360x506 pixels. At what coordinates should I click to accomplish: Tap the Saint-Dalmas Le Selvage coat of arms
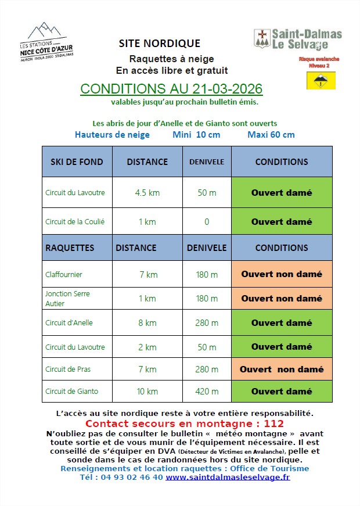click(x=262, y=39)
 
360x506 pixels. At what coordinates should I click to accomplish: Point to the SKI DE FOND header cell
click(x=77, y=162)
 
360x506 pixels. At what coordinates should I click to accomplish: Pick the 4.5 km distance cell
click(x=147, y=193)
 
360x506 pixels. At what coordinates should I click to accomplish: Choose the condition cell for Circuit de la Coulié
click(x=282, y=221)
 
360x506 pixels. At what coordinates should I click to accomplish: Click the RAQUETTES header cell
click(x=70, y=247)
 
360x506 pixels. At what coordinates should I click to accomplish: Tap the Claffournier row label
click(x=64, y=274)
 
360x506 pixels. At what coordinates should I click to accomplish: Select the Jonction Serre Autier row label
click(x=67, y=298)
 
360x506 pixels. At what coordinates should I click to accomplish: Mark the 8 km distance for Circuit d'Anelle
click(x=147, y=323)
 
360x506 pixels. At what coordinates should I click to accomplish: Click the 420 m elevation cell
click(x=207, y=392)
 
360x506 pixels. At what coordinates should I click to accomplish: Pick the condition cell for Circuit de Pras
click(x=282, y=369)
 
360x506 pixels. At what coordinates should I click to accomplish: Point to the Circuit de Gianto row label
click(x=71, y=392)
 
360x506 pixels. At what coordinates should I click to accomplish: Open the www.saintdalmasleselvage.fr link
click(x=228, y=477)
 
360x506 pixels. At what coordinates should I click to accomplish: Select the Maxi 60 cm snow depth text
click(x=271, y=135)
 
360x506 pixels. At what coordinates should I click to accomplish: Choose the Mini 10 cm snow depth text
click(x=196, y=135)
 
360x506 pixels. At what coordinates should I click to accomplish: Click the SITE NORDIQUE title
click(x=159, y=44)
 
